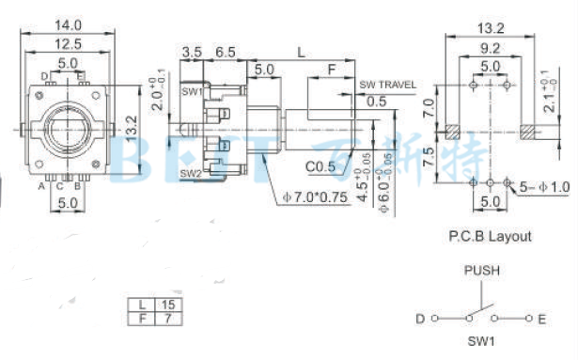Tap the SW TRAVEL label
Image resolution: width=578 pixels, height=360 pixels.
click(x=387, y=85)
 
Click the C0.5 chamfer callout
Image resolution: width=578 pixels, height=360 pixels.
click(x=321, y=167)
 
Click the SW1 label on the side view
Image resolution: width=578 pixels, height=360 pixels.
click(x=191, y=92)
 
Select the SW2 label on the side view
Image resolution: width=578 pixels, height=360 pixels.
click(x=191, y=173)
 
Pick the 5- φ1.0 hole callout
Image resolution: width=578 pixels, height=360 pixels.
click(x=545, y=187)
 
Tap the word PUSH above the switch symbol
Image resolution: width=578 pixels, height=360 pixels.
click(x=481, y=270)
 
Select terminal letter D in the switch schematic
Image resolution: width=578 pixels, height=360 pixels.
click(x=420, y=319)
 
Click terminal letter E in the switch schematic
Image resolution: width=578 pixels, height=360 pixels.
click(x=542, y=319)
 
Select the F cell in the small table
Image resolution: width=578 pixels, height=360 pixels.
click(x=142, y=320)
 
